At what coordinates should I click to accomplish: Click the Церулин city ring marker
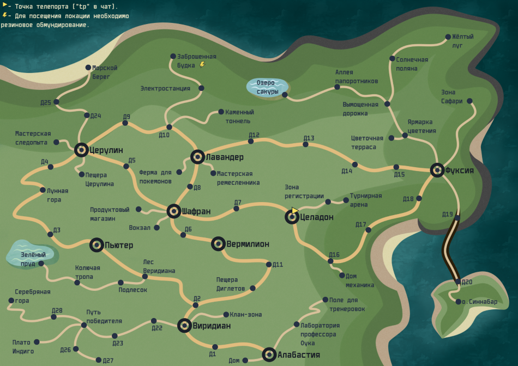click(x=81, y=150)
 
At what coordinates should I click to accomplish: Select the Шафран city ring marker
click(x=173, y=211)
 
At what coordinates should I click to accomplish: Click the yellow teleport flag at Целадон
click(x=294, y=210)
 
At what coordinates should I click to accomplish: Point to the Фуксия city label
click(x=459, y=170)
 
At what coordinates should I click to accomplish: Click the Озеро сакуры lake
click(x=267, y=87)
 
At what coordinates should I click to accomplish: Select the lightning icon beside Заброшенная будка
click(x=203, y=64)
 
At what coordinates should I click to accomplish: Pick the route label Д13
click(x=309, y=138)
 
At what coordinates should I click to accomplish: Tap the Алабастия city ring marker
click(x=269, y=355)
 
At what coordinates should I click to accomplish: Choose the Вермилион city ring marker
click(x=218, y=243)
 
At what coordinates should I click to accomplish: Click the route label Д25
click(x=46, y=102)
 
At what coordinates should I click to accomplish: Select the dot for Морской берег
click(x=88, y=68)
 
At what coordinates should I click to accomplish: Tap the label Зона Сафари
click(x=452, y=96)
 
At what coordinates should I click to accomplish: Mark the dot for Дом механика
click(x=342, y=276)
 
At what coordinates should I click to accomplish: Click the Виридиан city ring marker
click(x=185, y=326)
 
